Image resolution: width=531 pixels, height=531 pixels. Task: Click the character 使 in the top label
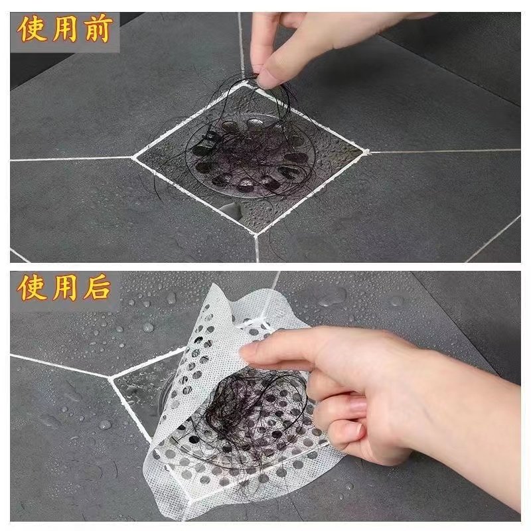point(32,29)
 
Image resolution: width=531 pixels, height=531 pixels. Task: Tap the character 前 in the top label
point(98,29)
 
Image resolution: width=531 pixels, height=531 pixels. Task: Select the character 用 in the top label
point(65,29)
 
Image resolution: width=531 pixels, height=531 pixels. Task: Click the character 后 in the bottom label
point(98,288)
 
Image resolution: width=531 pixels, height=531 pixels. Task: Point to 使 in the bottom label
point(32,288)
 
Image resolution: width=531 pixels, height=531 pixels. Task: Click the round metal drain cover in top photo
point(251,156)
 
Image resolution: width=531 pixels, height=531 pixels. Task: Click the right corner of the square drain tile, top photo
point(366,151)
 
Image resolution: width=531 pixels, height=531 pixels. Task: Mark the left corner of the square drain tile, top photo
point(134,157)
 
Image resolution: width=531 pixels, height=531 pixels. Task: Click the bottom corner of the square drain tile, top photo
point(256,234)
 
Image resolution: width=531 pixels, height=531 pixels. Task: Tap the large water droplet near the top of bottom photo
point(334,297)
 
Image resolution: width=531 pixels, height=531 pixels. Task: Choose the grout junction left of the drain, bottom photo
point(110,377)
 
